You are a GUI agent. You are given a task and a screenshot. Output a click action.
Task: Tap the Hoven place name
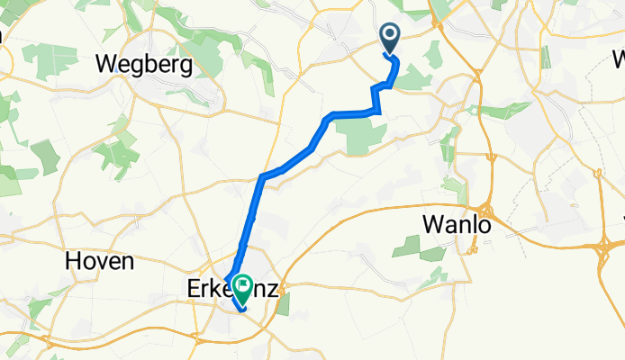100,262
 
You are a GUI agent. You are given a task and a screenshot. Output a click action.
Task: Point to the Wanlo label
457,225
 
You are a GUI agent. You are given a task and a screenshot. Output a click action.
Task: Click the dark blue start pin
391,37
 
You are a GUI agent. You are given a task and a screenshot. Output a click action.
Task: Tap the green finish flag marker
243,287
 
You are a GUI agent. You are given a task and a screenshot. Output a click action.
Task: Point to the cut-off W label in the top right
619,61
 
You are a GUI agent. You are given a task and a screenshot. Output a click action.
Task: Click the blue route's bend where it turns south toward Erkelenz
262,176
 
